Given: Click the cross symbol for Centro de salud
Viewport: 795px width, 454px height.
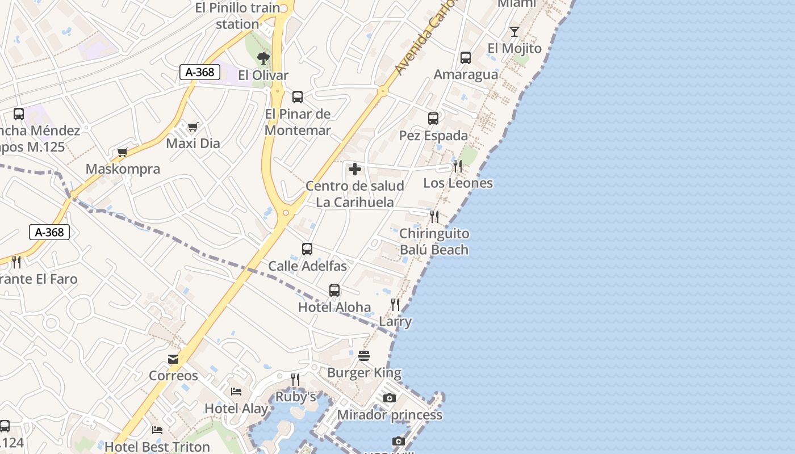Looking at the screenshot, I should tap(355, 169).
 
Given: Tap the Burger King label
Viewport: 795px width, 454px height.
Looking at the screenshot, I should tap(364, 373).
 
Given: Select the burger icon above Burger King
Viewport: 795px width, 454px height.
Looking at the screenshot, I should tap(364, 356).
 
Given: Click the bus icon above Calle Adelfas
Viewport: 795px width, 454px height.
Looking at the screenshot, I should tap(307, 249).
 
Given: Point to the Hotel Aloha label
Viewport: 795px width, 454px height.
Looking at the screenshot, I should tap(334, 307).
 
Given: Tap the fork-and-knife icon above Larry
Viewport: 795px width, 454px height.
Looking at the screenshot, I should tap(395, 305).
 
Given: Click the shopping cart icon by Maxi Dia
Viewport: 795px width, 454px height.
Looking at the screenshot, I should tap(193, 126).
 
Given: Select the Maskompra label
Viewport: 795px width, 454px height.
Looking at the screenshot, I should tap(123, 169).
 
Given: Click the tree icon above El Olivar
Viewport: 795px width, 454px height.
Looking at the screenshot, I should tap(263, 58).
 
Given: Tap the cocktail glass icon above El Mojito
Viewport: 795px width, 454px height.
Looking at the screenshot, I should tap(514, 31).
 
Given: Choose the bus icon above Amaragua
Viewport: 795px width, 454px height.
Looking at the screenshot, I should tap(466, 57).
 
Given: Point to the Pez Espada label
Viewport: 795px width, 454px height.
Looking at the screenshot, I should tap(433, 135).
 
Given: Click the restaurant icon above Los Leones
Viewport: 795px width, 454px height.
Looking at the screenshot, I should tap(458, 166).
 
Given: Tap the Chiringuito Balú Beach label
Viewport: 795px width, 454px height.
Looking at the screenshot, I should tap(434, 242).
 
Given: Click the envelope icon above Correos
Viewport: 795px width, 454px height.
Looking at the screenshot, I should tap(173, 359).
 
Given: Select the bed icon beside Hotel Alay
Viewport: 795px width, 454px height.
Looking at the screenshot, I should tap(236, 392).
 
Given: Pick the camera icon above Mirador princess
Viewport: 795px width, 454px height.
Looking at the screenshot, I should tap(389, 398).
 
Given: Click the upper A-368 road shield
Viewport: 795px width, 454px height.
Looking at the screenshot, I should tap(200, 72).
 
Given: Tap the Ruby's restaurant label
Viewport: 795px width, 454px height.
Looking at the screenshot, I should tap(296, 397).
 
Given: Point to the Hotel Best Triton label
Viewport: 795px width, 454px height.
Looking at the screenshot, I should tap(157, 447).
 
